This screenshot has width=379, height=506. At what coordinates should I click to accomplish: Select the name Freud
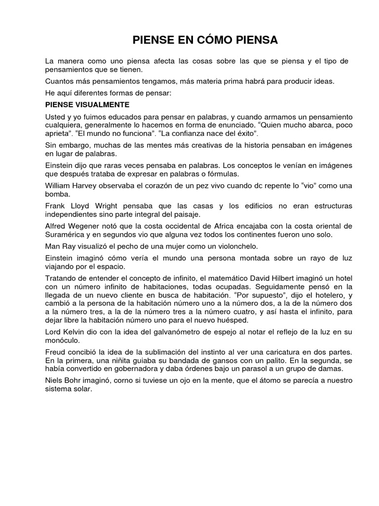(55, 351)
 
